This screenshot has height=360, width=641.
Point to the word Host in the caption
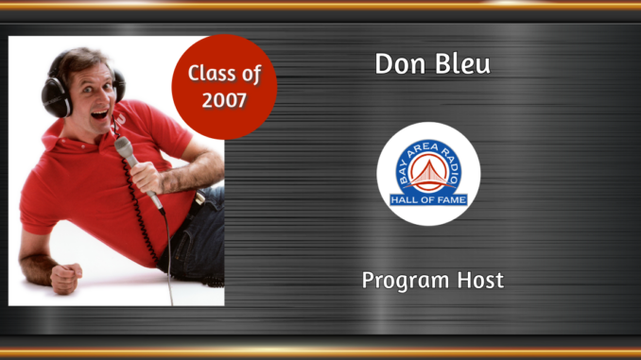point(477,280)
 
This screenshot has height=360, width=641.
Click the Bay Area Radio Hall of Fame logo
point(428,174)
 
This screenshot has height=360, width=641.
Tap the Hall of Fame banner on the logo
point(428,198)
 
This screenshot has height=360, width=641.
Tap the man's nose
point(80,96)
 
